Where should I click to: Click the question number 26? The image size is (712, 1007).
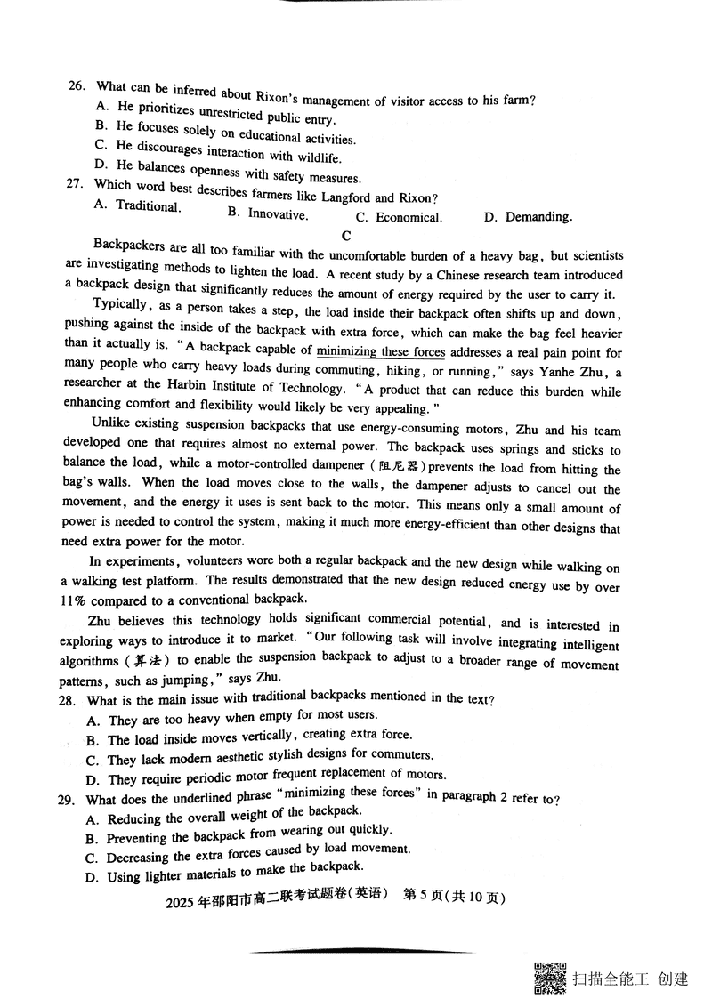pos(76,86)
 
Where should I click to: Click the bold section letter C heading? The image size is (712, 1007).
pos(346,236)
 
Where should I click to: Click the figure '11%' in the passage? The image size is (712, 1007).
pos(77,600)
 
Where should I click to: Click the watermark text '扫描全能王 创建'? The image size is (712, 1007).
pos(631,979)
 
